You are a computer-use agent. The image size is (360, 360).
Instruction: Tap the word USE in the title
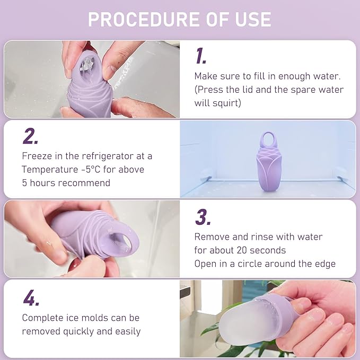(x=251, y=19)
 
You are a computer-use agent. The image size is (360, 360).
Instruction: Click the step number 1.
(x=201, y=56)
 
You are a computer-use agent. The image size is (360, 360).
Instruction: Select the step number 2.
(x=30, y=137)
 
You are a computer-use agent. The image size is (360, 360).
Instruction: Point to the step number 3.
(x=202, y=217)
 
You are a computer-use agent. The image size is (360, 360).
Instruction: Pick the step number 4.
(x=30, y=298)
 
